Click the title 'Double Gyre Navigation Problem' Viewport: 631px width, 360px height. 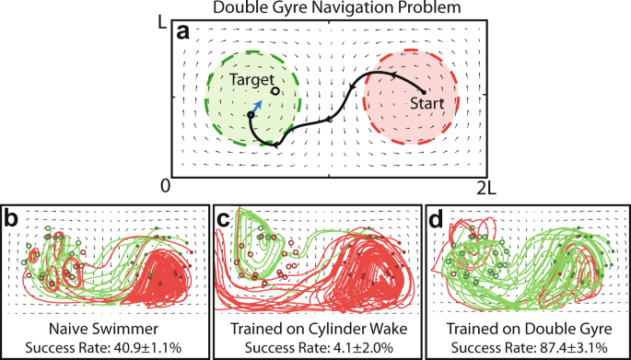click(x=315, y=8)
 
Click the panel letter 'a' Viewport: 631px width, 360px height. click(x=183, y=33)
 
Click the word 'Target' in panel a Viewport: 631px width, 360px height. click(x=251, y=81)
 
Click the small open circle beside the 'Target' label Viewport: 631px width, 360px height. click(x=276, y=91)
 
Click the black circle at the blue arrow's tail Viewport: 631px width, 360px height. click(x=251, y=115)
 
